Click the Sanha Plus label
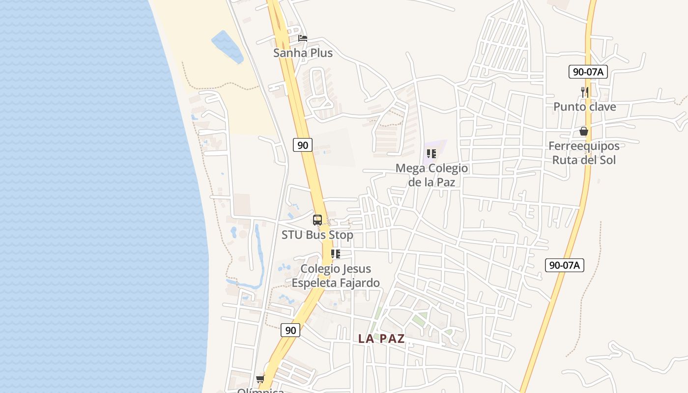pyautogui.click(x=303, y=53)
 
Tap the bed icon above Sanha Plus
pyautogui.click(x=303, y=38)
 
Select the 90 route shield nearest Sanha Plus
pyautogui.click(x=303, y=145)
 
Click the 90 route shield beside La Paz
pyautogui.click(x=290, y=330)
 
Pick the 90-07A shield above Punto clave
pyautogui.click(x=588, y=72)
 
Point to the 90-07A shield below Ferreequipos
pyautogui.click(x=565, y=265)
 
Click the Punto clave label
pyautogui.click(x=584, y=107)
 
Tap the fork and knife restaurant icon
pyautogui.click(x=584, y=92)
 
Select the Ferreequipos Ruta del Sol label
pyautogui.click(x=584, y=153)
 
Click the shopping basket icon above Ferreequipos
pyautogui.click(x=584, y=131)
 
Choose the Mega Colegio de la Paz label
pyautogui.click(x=431, y=175)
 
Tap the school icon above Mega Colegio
pyautogui.click(x=431, y=154)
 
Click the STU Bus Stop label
pyautogui.click(x=317, y=235)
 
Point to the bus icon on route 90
pyautogui.click(x=317, y=220)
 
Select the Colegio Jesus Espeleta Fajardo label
pyautogui.click(x=336, y=276)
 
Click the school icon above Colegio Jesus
pyautogui.click(x=336, y=254)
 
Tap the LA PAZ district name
pyautogui.click(x=381, y=338)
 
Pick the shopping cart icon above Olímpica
pyautogui.click(x=260, y=378)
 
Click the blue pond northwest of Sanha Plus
pyautogui.click(x=227, y=47)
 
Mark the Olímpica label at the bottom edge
pyautogui.click(x=260, y=391)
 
